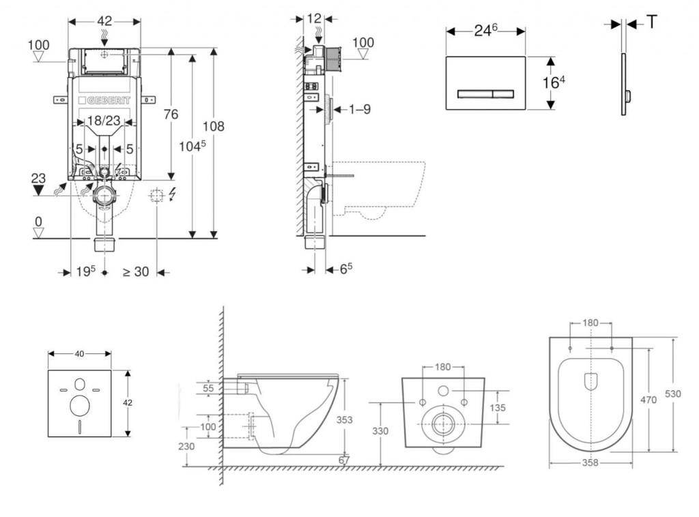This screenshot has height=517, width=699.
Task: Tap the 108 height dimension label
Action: pos(214,125)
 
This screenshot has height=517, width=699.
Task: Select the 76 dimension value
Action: pos(170,114)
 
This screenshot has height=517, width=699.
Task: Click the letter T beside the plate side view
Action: pos(652,22)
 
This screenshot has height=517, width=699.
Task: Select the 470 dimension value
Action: pos(649,400)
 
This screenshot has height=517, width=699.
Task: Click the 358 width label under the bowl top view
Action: pos(590,462)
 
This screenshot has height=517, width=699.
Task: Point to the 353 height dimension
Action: pos(345,419)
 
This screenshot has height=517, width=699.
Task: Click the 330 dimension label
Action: pos(380,430)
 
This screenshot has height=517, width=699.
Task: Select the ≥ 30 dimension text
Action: pos(135,271)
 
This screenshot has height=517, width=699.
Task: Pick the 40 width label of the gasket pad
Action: pos(79,353)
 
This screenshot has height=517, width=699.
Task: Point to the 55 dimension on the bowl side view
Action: pos(209,388)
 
